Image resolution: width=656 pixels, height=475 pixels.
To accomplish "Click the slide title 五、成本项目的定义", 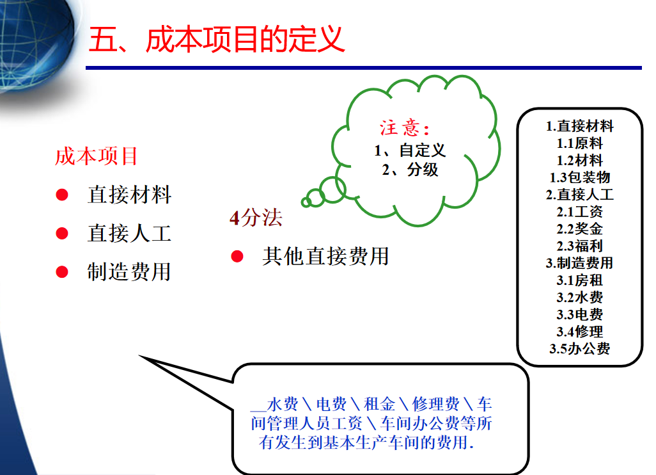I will click(x=217, y=39).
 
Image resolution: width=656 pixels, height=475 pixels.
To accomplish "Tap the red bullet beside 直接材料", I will click(x=62, y=195).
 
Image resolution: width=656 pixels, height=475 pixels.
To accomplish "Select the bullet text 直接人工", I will click(x=129, y=233).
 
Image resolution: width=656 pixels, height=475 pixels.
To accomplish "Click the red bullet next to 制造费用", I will click(x=62, y=272).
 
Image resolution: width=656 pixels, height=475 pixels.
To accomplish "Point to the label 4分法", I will click(x=256, y=218).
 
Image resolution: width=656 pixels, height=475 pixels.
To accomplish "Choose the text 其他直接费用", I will click(x=325, y=256).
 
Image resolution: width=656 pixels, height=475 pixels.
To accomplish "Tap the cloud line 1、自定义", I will click(x=410, y=150).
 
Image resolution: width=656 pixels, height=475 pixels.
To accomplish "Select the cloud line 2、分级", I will click(x=410, y=170).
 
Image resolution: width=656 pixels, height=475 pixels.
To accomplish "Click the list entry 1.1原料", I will click(x=579, y=143).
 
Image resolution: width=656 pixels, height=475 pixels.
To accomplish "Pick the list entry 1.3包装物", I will click(x=579, y=177).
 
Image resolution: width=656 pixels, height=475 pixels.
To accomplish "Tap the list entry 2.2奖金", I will click(x=579, y=229).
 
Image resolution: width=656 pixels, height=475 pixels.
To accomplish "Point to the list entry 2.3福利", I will click(x=579, y=246).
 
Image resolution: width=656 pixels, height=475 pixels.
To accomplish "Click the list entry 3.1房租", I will click(x=579, y=280).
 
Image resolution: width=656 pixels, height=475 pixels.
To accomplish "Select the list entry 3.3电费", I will click(x=579, y=314).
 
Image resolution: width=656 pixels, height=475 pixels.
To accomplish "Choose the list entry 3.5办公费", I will click(x=579, y=349).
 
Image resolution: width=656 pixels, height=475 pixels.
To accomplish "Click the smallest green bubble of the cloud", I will click(x=306, y=202).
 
